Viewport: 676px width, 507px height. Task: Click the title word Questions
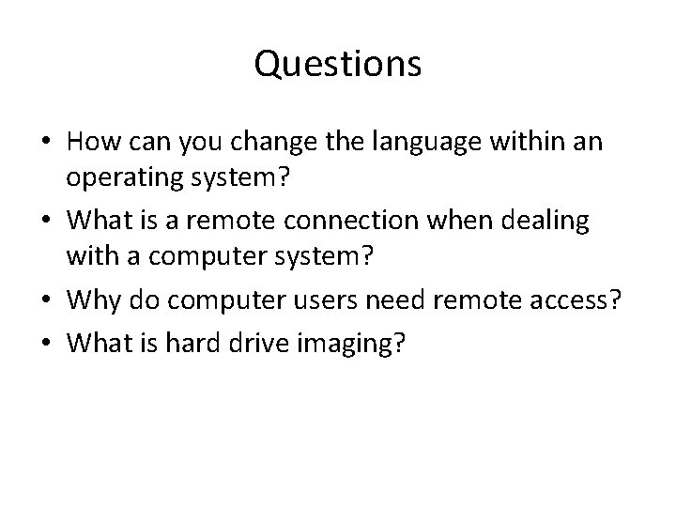pos(338,65)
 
